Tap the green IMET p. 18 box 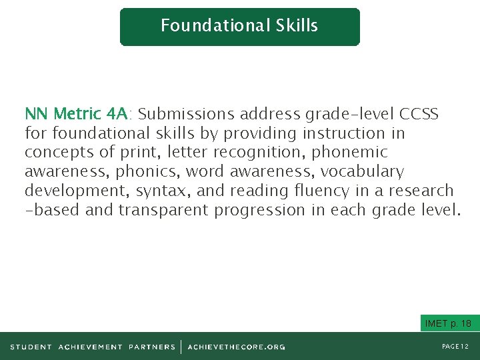(x=447, y=324)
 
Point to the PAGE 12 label (x=456, y=347)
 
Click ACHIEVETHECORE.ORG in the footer (x=237, y=347)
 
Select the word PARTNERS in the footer (x=152, y=347)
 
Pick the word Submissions (x=187, y=113)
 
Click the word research (x=421, y=191)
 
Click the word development (x=77, y=191)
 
